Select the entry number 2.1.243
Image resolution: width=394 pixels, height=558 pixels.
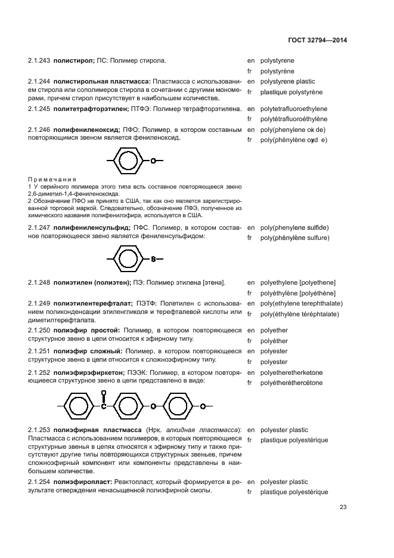click(39, 61)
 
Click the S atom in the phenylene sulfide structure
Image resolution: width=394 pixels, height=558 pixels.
click(153, 259)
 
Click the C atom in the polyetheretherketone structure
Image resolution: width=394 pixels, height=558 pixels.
click(103, 406)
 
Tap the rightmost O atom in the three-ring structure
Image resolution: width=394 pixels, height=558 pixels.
click(203, 406)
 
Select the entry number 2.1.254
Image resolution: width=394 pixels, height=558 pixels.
click(39, 482)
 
